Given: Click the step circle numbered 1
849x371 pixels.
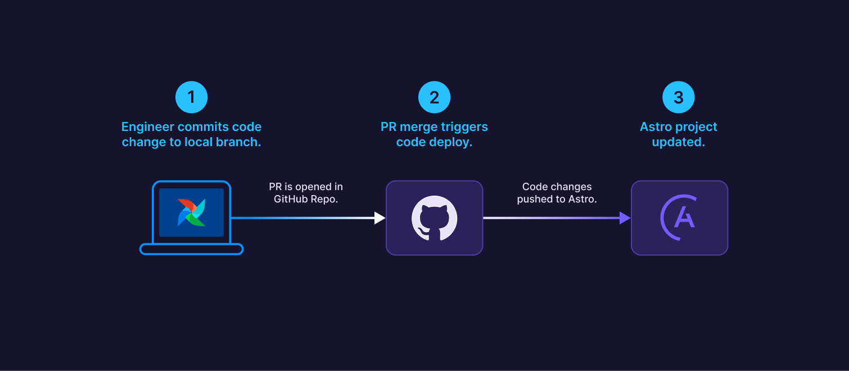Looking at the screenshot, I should pos(191,97).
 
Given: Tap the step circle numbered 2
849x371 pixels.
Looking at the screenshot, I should pos(434,97).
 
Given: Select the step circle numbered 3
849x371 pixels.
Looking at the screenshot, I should pos(678,97).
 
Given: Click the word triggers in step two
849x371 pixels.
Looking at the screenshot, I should pos(465,127).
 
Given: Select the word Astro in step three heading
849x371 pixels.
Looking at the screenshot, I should pos(656,127).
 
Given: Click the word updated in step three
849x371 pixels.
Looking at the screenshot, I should pos(678,142).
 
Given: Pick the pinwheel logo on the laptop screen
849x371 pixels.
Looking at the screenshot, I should pos(191,212).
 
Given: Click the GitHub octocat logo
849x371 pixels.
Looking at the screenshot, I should pos(434,218).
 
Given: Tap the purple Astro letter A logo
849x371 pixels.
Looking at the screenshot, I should pos(679,218).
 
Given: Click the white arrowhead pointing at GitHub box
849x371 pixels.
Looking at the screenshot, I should pos(380,218).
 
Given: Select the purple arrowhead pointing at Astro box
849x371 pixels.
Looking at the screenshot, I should pos(625,218).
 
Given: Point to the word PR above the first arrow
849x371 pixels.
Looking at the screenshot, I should pos(276,187).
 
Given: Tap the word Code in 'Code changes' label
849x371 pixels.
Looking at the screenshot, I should pos(534,187).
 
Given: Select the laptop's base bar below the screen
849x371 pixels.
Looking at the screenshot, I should pos(191,249).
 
